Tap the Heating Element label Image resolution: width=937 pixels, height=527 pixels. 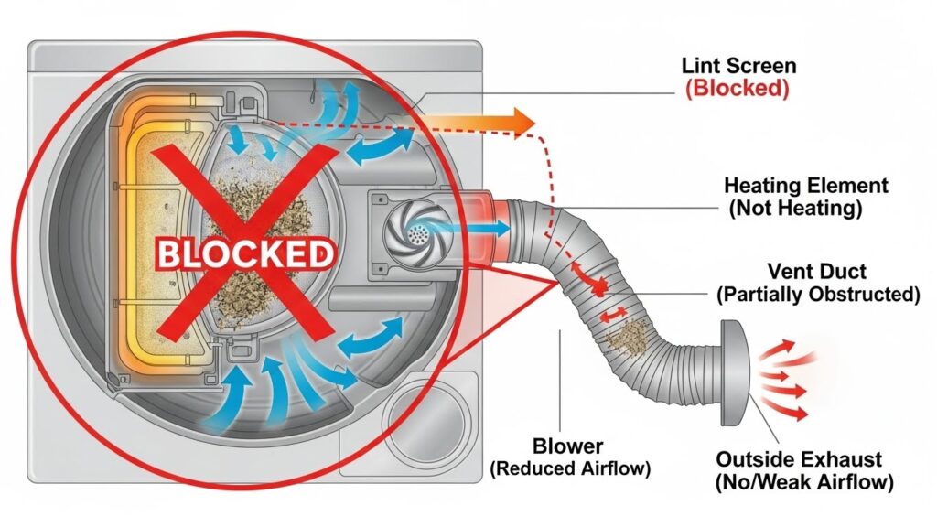pyautogui.click(x=805, y=186)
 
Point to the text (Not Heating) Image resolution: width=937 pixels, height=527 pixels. pyautogui.click(x=795, y=209)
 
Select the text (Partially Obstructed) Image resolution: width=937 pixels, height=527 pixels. pyautogui.click(x=818, y=295)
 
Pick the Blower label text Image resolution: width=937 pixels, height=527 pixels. pyautogui.click(x=568, y=447)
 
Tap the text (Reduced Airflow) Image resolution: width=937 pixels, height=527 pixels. pyautogui.click(x=568, y=469)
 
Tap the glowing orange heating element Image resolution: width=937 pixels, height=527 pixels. pyautogui.click(x=147, y=229)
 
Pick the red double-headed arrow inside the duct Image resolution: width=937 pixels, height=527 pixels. pyautogui.click(x=610, y=317)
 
